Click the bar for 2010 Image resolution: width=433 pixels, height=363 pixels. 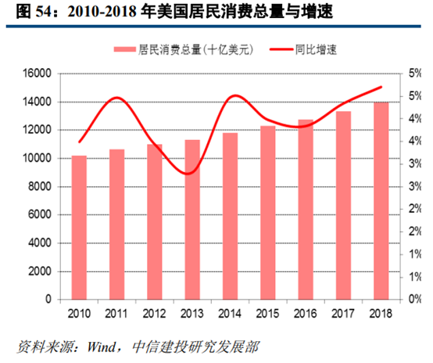(79, 227)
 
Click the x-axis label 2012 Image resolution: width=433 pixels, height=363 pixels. (154, 313)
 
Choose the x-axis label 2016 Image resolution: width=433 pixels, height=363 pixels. (306, 313)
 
